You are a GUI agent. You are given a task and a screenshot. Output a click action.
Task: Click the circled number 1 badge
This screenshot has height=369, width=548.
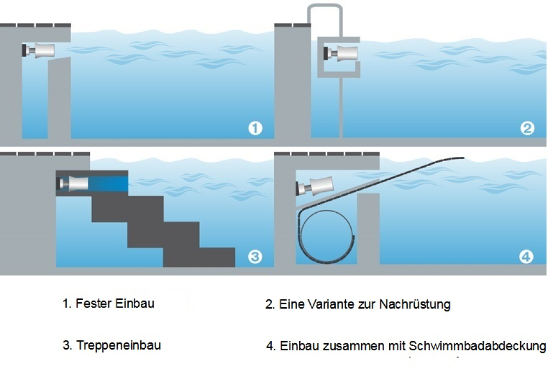click(255, 128)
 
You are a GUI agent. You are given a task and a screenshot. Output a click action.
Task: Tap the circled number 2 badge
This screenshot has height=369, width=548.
click(527, 128)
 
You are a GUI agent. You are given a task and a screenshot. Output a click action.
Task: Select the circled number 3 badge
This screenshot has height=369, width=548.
click(255, 257)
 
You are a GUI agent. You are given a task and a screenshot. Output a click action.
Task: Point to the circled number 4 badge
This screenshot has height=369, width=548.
click(526, 257)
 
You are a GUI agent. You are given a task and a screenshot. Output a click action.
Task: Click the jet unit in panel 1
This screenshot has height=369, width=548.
click(38, 50)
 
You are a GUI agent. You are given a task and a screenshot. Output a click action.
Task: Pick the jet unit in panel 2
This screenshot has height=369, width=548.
click(341, 53)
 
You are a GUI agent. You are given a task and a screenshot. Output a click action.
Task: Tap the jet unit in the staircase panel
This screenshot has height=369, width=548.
click(72, 184)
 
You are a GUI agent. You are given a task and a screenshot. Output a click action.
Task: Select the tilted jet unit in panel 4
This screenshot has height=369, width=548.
click(315, 186)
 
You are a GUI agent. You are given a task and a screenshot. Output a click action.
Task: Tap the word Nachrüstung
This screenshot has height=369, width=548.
click(415, 304)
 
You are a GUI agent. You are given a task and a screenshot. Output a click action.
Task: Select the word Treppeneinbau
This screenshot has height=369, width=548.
click(118, 345)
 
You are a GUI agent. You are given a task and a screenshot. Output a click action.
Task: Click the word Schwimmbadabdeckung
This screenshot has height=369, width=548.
click(477, 346)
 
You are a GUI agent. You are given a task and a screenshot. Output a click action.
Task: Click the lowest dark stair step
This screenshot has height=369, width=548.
click(199, 258)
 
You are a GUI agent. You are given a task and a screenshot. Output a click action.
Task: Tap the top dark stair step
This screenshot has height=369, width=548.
click(128, 209)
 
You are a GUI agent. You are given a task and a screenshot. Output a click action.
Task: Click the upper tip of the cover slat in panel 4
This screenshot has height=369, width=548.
click(464, 158)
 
